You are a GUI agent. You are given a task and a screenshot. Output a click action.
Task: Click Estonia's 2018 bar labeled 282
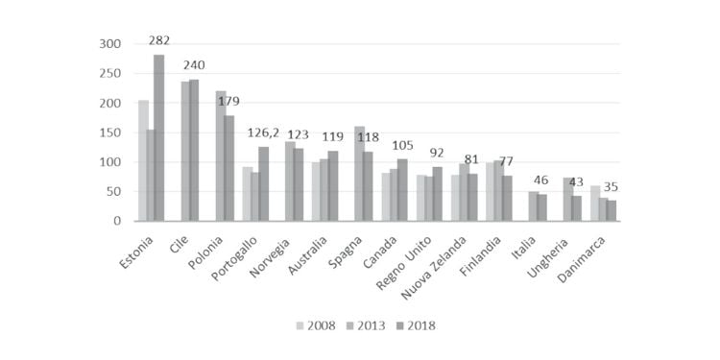pos(158,137)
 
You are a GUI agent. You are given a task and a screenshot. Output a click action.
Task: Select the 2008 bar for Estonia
pos(143,160)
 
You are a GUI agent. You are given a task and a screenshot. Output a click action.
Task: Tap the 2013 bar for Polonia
pos(221,156)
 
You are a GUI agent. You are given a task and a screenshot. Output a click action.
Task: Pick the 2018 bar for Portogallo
pos(264,183)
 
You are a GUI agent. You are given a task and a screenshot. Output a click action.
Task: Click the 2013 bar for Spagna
pos(360,174)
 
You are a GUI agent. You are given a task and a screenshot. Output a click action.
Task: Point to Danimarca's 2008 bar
pos(595,203)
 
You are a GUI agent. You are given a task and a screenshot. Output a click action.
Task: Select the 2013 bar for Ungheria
pos(568,200)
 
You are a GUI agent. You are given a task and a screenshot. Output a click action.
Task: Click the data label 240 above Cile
pos(194,65)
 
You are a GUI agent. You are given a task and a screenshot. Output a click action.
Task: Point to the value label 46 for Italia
pos(540,180)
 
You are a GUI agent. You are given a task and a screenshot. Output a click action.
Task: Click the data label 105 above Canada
pos(402,145)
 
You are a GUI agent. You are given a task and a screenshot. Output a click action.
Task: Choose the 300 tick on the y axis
pos(109,44)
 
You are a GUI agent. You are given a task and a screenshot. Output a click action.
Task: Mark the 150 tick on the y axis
pos(109,132)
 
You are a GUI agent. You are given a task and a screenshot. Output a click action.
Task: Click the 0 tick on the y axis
pos(117,221)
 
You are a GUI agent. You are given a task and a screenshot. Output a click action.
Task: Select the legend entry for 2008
pos(316,326)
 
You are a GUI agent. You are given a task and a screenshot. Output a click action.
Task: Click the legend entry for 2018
pos(416,326)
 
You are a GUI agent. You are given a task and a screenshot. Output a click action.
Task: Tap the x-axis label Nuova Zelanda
pos(435,267)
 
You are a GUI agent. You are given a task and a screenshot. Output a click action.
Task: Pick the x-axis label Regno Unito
pos(404,262)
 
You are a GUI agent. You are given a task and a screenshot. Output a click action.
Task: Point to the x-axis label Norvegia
pos(270,256)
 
